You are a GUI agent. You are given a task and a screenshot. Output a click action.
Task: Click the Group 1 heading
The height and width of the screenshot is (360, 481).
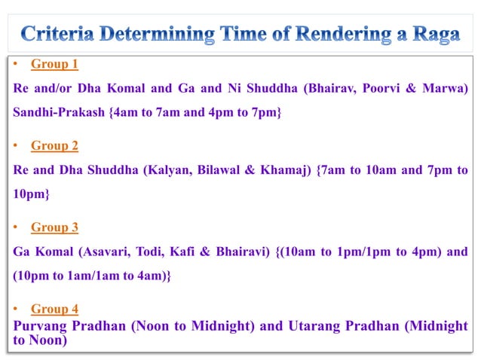point(54,64)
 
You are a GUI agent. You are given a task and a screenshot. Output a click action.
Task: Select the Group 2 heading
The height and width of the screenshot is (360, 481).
point(54,145)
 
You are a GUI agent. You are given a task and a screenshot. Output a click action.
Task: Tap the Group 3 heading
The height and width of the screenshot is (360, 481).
point(54,227)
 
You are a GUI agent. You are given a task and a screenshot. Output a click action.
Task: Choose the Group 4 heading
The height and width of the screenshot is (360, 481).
point(54,308)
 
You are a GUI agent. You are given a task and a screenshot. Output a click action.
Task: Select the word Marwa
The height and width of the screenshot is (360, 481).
point(446,88)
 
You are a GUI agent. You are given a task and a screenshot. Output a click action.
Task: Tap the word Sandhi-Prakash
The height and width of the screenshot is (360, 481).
point(60,112)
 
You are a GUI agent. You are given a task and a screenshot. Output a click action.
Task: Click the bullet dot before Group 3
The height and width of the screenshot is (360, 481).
point(17,227)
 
